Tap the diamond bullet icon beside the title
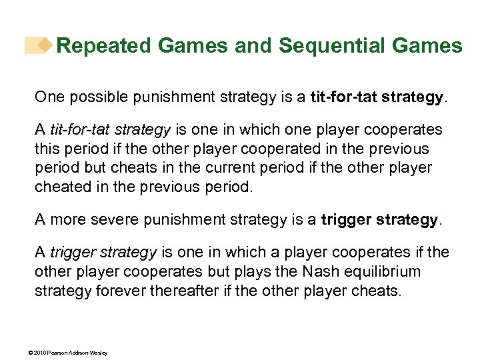[x=45, y=45]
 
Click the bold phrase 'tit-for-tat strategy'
[x=377, y=97]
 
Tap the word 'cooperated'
[x=265, y=148]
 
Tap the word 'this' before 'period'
[x=47, y=148]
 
